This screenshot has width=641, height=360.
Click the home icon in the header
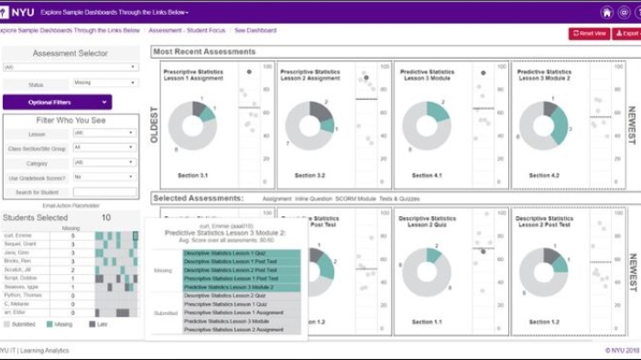click(x=606, y=13)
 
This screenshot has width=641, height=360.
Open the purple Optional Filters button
click(x=57, y=103)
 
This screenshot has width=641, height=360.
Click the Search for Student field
click(x=104, y=192)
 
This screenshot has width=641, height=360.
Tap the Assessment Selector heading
click(x=71, y=53)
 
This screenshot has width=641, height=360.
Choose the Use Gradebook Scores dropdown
click(x=104, y=177)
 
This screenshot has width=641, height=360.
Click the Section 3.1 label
click(x=191, y=175)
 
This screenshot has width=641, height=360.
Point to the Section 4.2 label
click(x=544, y=175)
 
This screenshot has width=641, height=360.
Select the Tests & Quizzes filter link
click(x=400, y=198)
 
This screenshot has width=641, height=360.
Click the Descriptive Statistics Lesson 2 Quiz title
click(x=428, y=222)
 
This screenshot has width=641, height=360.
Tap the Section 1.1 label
click(x=426, y=322)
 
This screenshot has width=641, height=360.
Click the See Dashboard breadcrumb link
click(x=255, y=30)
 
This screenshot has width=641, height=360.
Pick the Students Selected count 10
click(x=106, y=218)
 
